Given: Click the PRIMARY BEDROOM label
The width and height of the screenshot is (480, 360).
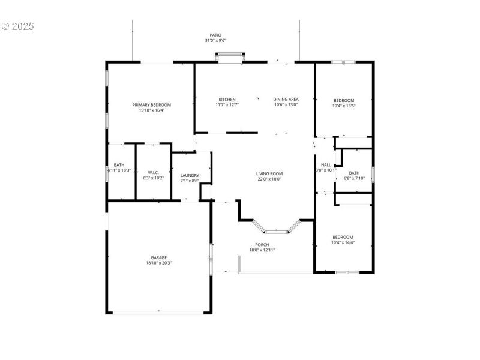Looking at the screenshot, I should pyautogui.click(x=151, y=105).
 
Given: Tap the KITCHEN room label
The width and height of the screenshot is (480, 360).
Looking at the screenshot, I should pyautogui.click(x=227, y=100).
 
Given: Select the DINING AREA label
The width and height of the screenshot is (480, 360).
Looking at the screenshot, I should pyautogui.click(x=286, y=100).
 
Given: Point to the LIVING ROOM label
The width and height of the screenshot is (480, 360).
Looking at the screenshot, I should pyautogui.click(x=269, y=173).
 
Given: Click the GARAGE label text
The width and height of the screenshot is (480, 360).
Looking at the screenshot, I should pyautogui.click(x=159, y=257).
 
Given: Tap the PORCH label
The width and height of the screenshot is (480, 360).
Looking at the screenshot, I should pyautogui.click(x=262, y=244).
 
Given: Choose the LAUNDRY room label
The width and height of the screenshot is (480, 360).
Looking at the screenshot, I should pyautogui.click(x=190, y=175).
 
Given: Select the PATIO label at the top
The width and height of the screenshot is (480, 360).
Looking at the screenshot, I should pyautogui.click(x=215, y=35).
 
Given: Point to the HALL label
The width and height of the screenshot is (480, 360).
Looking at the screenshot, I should pyautogui.click(x=326, y=165).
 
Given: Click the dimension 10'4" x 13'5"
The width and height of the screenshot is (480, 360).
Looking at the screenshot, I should pyautogui.click(x=344, y=106).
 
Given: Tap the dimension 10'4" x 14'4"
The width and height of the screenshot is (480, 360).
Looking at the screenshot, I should pyautogui.click(x=343, y=242).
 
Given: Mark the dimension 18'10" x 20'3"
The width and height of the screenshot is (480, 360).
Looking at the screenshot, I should pyautogui.click(x=159, y=263).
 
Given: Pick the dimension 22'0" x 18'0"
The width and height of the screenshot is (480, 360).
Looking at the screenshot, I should pyautogui.click(x=269, y=179).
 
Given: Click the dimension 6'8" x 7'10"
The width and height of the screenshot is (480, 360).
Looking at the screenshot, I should pyautogui.click(x=354, y=178).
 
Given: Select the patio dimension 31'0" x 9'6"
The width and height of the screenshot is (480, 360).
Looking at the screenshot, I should pyautogui.click(x=215, y=41).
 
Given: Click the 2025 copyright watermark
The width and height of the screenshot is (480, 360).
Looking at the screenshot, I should pyautogui.click(x=18, y=26).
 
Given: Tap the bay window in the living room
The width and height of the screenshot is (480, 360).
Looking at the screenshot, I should pyautogui.click(x=277, y=229).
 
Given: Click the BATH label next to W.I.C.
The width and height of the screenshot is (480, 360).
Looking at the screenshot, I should pyautogui.click(x=119, y=165).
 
